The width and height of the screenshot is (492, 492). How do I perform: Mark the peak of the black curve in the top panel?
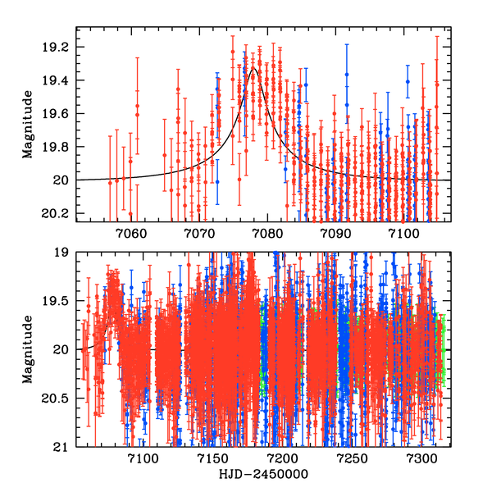(x=254, y=68)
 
